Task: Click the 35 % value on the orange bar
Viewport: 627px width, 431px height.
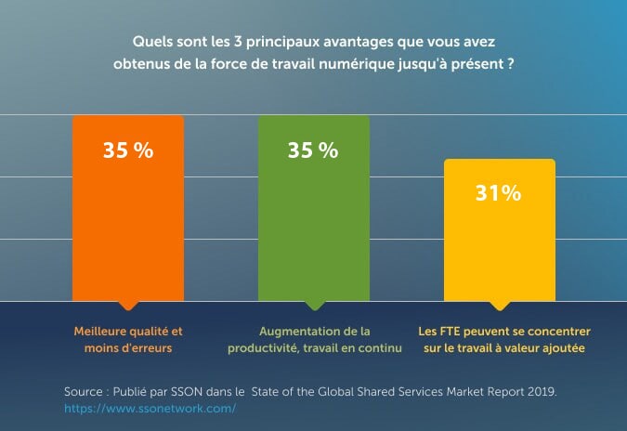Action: (x=128, y=150)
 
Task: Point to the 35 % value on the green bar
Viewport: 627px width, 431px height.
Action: (x=313, y=150)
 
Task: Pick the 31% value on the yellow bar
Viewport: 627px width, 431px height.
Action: (x=499, y=193)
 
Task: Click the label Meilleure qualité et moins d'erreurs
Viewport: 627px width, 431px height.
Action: (x=128, y=339)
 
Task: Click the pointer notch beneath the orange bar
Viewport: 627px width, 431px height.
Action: (x=128, y=306)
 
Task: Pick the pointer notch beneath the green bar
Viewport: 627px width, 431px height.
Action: (x=314, y=306)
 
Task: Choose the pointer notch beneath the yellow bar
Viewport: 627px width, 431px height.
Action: (x=500, y=306)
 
